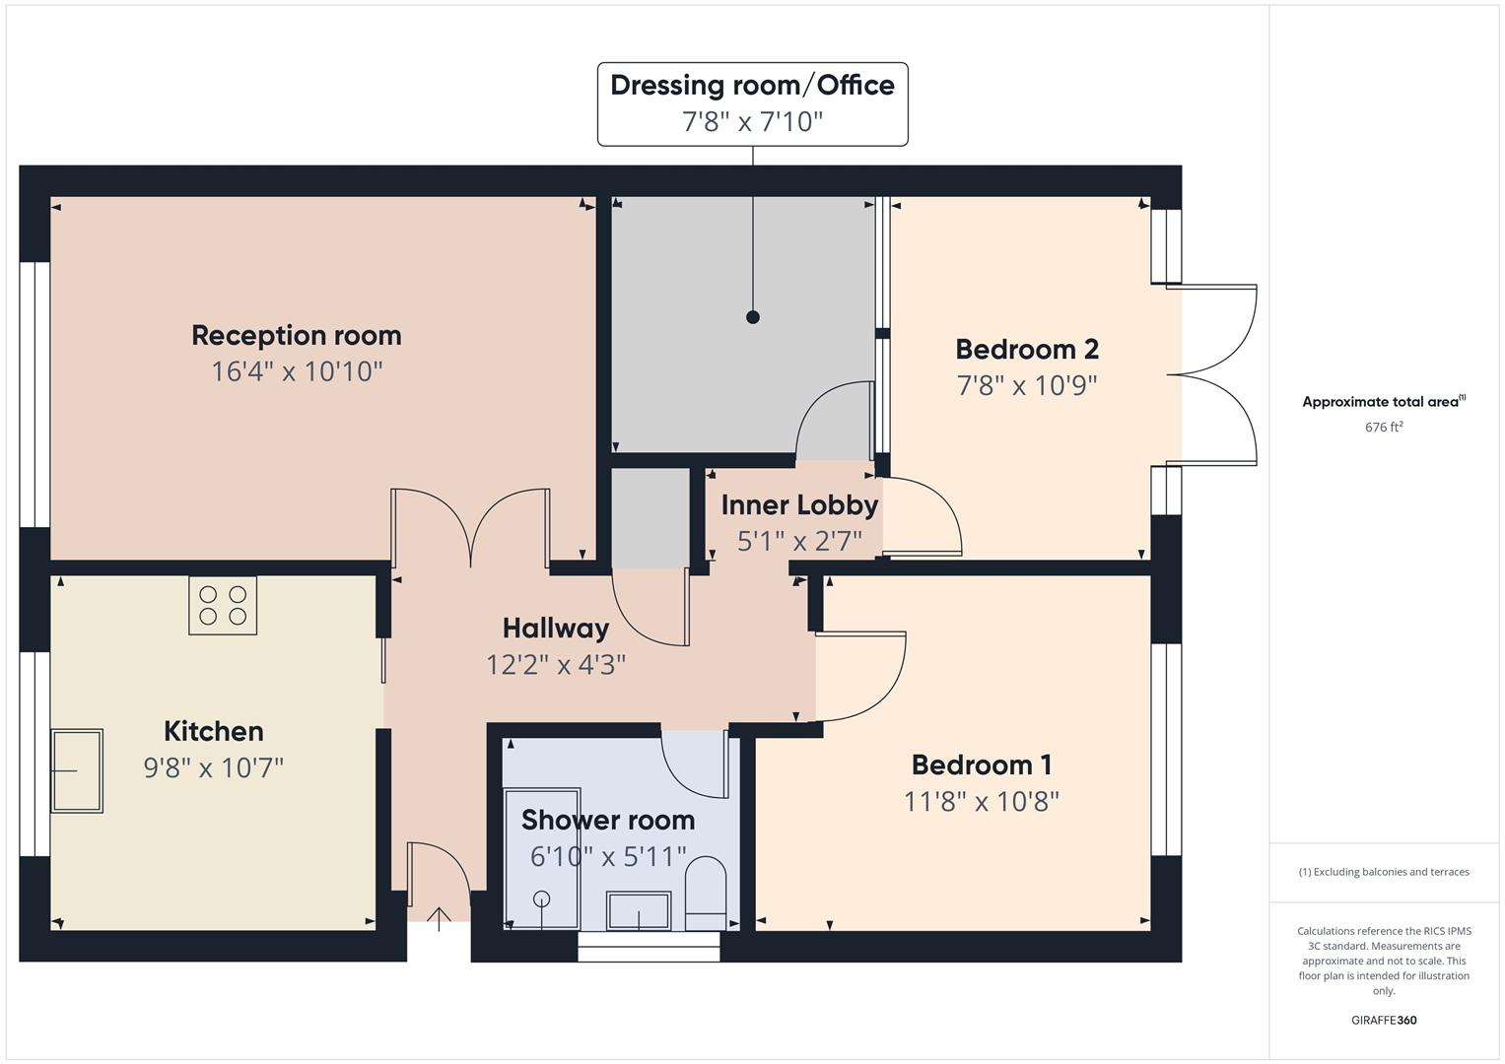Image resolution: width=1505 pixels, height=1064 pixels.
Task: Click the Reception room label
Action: pyautogui.click(x=296, y=336)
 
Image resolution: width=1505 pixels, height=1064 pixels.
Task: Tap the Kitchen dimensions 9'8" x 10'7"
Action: pyautogui.click(x=213, y=767)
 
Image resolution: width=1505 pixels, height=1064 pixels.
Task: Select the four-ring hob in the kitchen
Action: pyautogui.click(x=223, y=605)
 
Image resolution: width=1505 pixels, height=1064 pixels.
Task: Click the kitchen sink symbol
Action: pyautogui.click(x=77, y=770)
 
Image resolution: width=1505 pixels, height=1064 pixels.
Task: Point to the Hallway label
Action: pyautogui.click(x=555, y=628)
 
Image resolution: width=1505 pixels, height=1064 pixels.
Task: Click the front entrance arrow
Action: pyautogui.click(x=439, y=918)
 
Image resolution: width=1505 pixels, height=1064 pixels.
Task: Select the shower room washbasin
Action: pyautogui.click(x=639, y=910)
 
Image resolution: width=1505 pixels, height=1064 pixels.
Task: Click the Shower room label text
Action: pyautogui.click(x=607, y=820)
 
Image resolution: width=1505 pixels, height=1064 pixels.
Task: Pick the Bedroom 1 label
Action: pyautogui.click(x=981, y=765)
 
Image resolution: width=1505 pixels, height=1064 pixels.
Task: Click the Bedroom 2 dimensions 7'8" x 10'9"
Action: pyautogui.click(x=1026, y=385)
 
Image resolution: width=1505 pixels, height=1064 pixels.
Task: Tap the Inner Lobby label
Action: pyautogui.click(x=798, y=505)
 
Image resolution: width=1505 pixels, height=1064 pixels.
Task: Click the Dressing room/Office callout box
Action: pyautogui.click(x=752, y=103)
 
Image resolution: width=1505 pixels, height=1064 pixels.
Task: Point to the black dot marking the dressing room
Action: pyautogui.click(x=753, y=317)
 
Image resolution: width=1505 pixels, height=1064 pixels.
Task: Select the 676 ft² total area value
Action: pyautogui.click(x=1383, y=428)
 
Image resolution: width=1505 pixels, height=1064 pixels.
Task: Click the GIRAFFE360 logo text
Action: pyautogui.click(x=1383, y=1020)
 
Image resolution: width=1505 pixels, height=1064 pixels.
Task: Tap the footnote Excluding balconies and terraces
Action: pyautogui.click(x=1383, y=872)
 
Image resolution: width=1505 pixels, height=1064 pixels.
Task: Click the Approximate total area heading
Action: pyautogui.click(x=1383, y=402)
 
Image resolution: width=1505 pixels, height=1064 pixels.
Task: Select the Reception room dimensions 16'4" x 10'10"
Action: pyautogui.click(x=296, y=371)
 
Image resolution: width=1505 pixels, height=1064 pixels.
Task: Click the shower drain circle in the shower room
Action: pyautogui.click(x=541, y=898)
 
